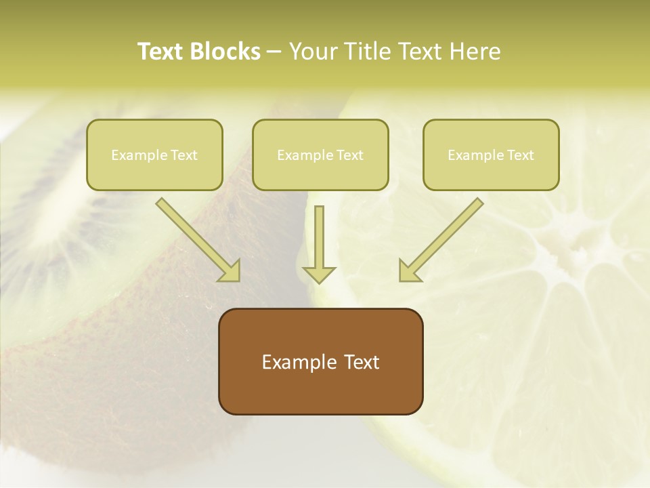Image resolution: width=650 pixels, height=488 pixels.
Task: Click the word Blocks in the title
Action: (225, 52)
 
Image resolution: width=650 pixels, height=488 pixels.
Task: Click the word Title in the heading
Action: (366, 52)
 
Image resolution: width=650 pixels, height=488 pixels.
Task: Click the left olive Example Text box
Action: (154, 155)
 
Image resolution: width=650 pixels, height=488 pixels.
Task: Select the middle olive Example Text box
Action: (320, 155)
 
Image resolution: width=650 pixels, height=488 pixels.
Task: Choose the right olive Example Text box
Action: (491, 155)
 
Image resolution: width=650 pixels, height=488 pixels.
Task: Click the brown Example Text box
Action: (321, 362)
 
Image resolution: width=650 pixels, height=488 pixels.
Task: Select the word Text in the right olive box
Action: (520, 155)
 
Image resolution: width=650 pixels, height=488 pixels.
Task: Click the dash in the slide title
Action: (274, 52)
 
